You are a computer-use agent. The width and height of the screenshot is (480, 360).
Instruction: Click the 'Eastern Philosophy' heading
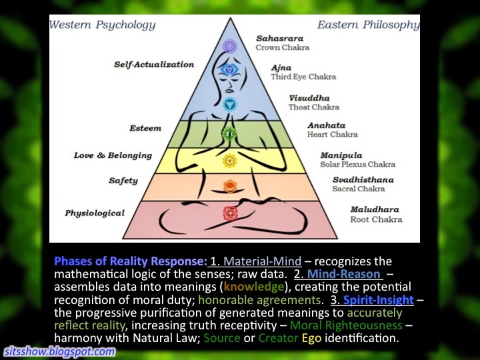click(367, 25)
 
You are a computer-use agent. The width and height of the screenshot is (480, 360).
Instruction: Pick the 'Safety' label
click(123, 181)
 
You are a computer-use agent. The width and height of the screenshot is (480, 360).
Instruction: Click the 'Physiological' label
click(95, 213)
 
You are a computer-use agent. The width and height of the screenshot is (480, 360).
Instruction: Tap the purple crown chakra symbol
click(230, 46)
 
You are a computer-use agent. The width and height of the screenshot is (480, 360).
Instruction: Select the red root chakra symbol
click(229, 213)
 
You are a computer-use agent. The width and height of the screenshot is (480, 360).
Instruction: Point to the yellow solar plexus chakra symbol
click(229, 161)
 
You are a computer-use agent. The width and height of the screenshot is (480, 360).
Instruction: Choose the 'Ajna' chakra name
click(281, 68)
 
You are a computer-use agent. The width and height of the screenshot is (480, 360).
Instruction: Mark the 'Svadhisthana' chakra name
click(363, 180)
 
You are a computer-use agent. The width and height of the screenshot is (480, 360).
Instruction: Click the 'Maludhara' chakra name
click(376, 210)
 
